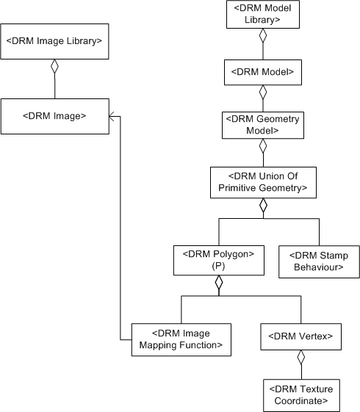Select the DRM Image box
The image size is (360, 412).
[x=55, y=115]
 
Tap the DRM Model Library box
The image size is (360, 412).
[x=262, y=15]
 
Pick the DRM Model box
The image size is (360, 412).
[x=262, y=72]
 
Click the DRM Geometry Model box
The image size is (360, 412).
[x=262, y=125]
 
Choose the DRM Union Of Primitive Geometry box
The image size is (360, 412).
[x=262, y=182]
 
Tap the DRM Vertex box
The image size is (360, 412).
[x=300, y=336]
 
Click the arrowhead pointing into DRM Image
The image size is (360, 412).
[x=112, y=115]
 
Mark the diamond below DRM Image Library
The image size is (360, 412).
[x=54, y=68]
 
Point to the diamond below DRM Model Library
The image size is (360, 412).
[x=262, y=37]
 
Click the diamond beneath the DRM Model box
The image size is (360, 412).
[x=262, y=93]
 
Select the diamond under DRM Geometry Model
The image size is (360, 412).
[x=262, y=146]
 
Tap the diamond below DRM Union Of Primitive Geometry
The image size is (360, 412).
[x=262, y=206]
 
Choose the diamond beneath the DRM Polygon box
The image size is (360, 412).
[x=217, y=285]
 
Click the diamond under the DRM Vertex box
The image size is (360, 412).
[x=300, y=358]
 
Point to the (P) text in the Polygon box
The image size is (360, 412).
[x=217, y=267]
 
